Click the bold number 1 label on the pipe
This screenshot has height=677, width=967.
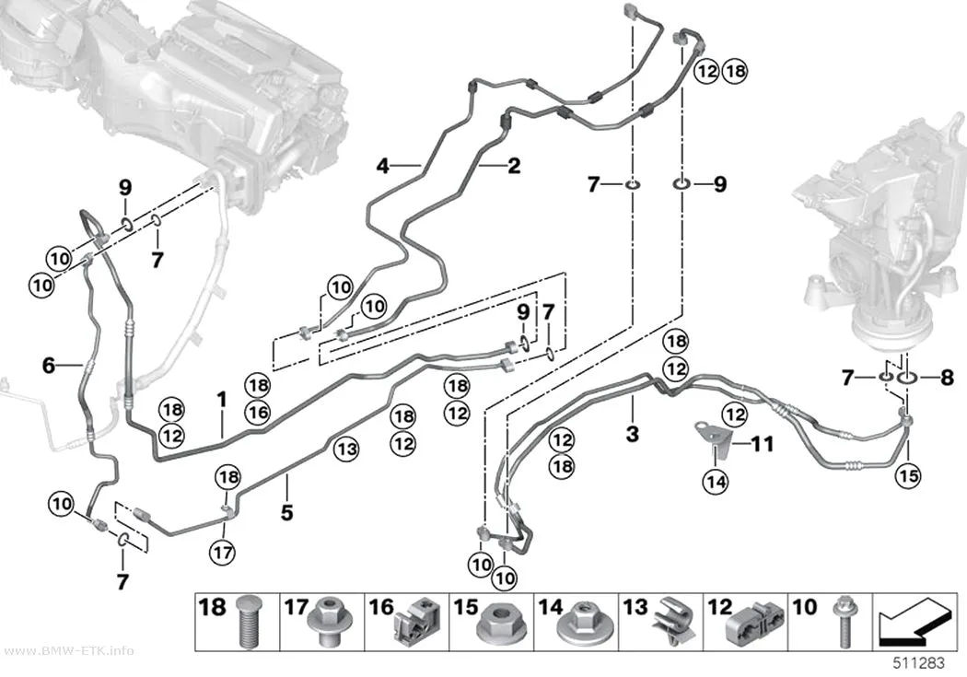(222, 400)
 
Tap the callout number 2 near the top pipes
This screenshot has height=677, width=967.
(514, 165)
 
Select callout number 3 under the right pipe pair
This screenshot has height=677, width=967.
(632, 434)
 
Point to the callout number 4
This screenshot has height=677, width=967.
(383, 165)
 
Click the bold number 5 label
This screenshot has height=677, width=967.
(286, 512)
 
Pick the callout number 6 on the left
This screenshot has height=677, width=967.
(49, 366)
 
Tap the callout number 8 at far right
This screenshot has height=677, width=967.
(947, 377)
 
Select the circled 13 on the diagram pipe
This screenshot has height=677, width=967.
(346, 449)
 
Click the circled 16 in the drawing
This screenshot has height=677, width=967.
(258, 412)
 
